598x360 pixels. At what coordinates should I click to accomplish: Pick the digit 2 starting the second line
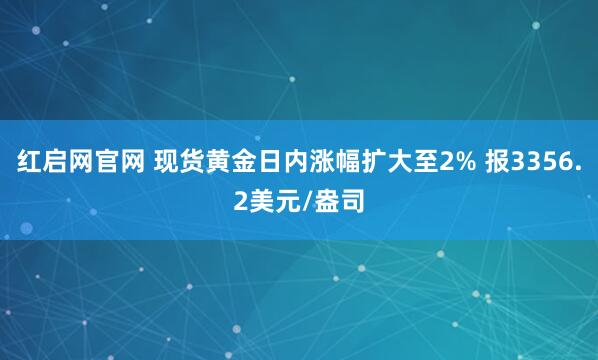(244, 205)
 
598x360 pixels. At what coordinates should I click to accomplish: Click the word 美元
(279, 205)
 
